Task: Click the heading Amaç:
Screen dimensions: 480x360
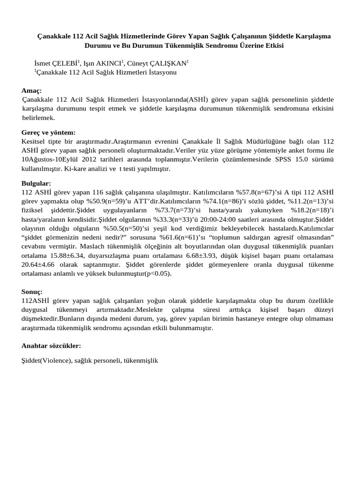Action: click(31, 90)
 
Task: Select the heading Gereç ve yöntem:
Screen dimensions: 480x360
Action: click(48, 133)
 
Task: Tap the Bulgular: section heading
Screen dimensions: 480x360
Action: click(36, 183)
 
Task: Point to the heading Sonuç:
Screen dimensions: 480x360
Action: click(32, 291)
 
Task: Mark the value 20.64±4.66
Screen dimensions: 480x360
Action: click(39, 264)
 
